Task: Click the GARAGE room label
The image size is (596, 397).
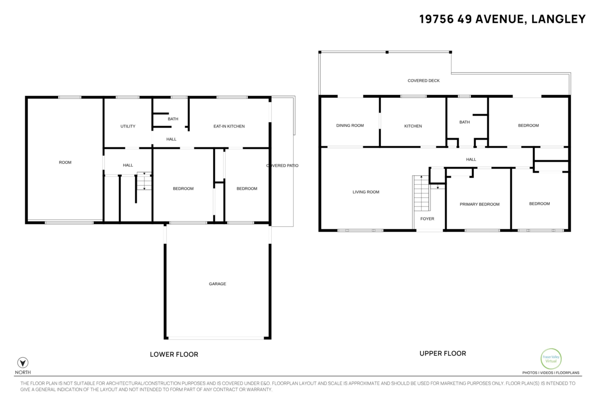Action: point(218,284)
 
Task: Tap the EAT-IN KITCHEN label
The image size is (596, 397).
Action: point(229,127)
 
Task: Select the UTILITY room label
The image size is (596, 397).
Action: point(128,127)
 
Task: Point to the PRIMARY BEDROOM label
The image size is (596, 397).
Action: point(479,204)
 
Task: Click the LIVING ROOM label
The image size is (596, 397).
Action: point(366,192)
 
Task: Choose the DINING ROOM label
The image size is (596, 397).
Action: point(350,126)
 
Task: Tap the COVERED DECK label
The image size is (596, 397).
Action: point(424,80)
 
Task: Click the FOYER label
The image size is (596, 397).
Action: point(427,219)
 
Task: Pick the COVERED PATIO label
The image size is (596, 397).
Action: point(282,166)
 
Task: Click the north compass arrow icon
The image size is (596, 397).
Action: point(23,362)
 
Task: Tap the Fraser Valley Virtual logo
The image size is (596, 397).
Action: point(551,359)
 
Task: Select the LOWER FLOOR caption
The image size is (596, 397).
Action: point(174,354)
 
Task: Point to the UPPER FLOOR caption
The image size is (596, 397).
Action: point(443,353)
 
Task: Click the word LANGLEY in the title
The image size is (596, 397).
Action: point(558,19)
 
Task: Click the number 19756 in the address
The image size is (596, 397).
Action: point(437,19)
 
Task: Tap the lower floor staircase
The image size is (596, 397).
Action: point(144,181)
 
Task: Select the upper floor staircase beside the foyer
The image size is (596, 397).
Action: point(421,194)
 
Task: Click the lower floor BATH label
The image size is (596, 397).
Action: point(173,119)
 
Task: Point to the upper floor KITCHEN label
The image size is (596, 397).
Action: point(413,126)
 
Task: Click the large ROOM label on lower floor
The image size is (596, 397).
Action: point(65,162)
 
